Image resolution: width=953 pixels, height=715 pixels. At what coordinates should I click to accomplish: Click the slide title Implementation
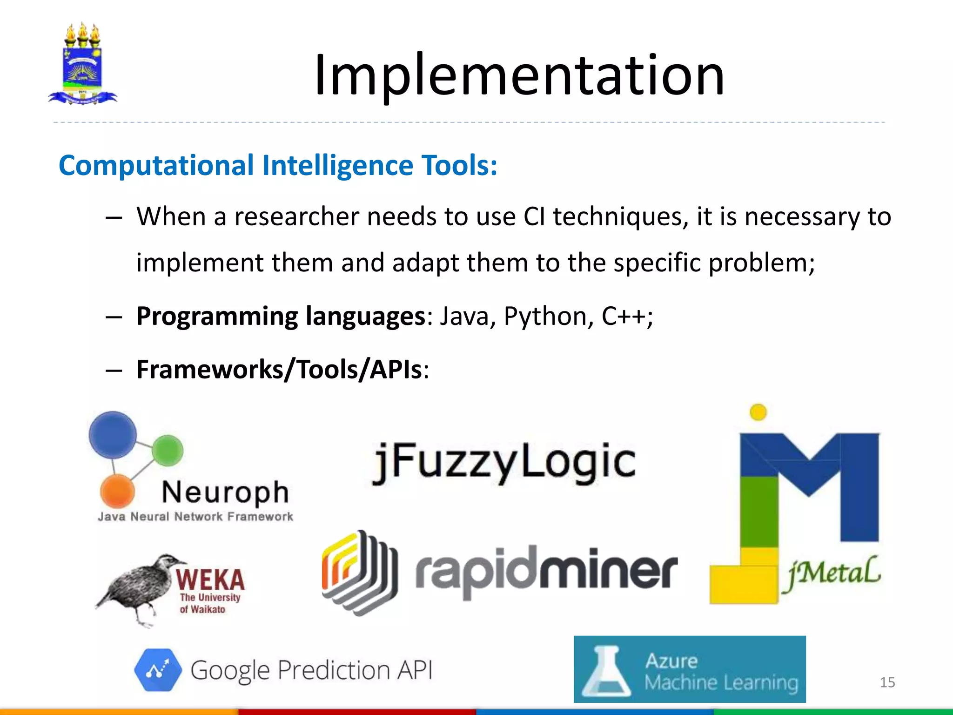(519, 75)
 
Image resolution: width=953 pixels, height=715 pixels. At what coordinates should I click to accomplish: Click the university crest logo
(82, 64)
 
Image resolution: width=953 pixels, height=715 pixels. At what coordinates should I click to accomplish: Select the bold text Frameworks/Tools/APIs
(279, 370)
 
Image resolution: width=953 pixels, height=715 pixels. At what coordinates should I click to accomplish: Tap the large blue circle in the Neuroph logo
(113, 435)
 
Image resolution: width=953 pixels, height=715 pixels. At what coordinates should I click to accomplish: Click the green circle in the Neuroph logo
(168, 450)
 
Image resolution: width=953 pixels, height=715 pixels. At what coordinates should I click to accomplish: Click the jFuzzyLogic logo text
(504, 462)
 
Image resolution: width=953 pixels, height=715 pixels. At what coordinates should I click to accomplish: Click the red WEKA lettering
(210, 580)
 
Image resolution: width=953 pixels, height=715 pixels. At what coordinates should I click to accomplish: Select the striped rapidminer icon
(359, 572)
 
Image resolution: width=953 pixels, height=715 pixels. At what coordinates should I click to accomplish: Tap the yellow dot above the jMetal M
(758, 412)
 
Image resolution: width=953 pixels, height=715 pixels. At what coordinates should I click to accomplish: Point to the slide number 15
(887, 682)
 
